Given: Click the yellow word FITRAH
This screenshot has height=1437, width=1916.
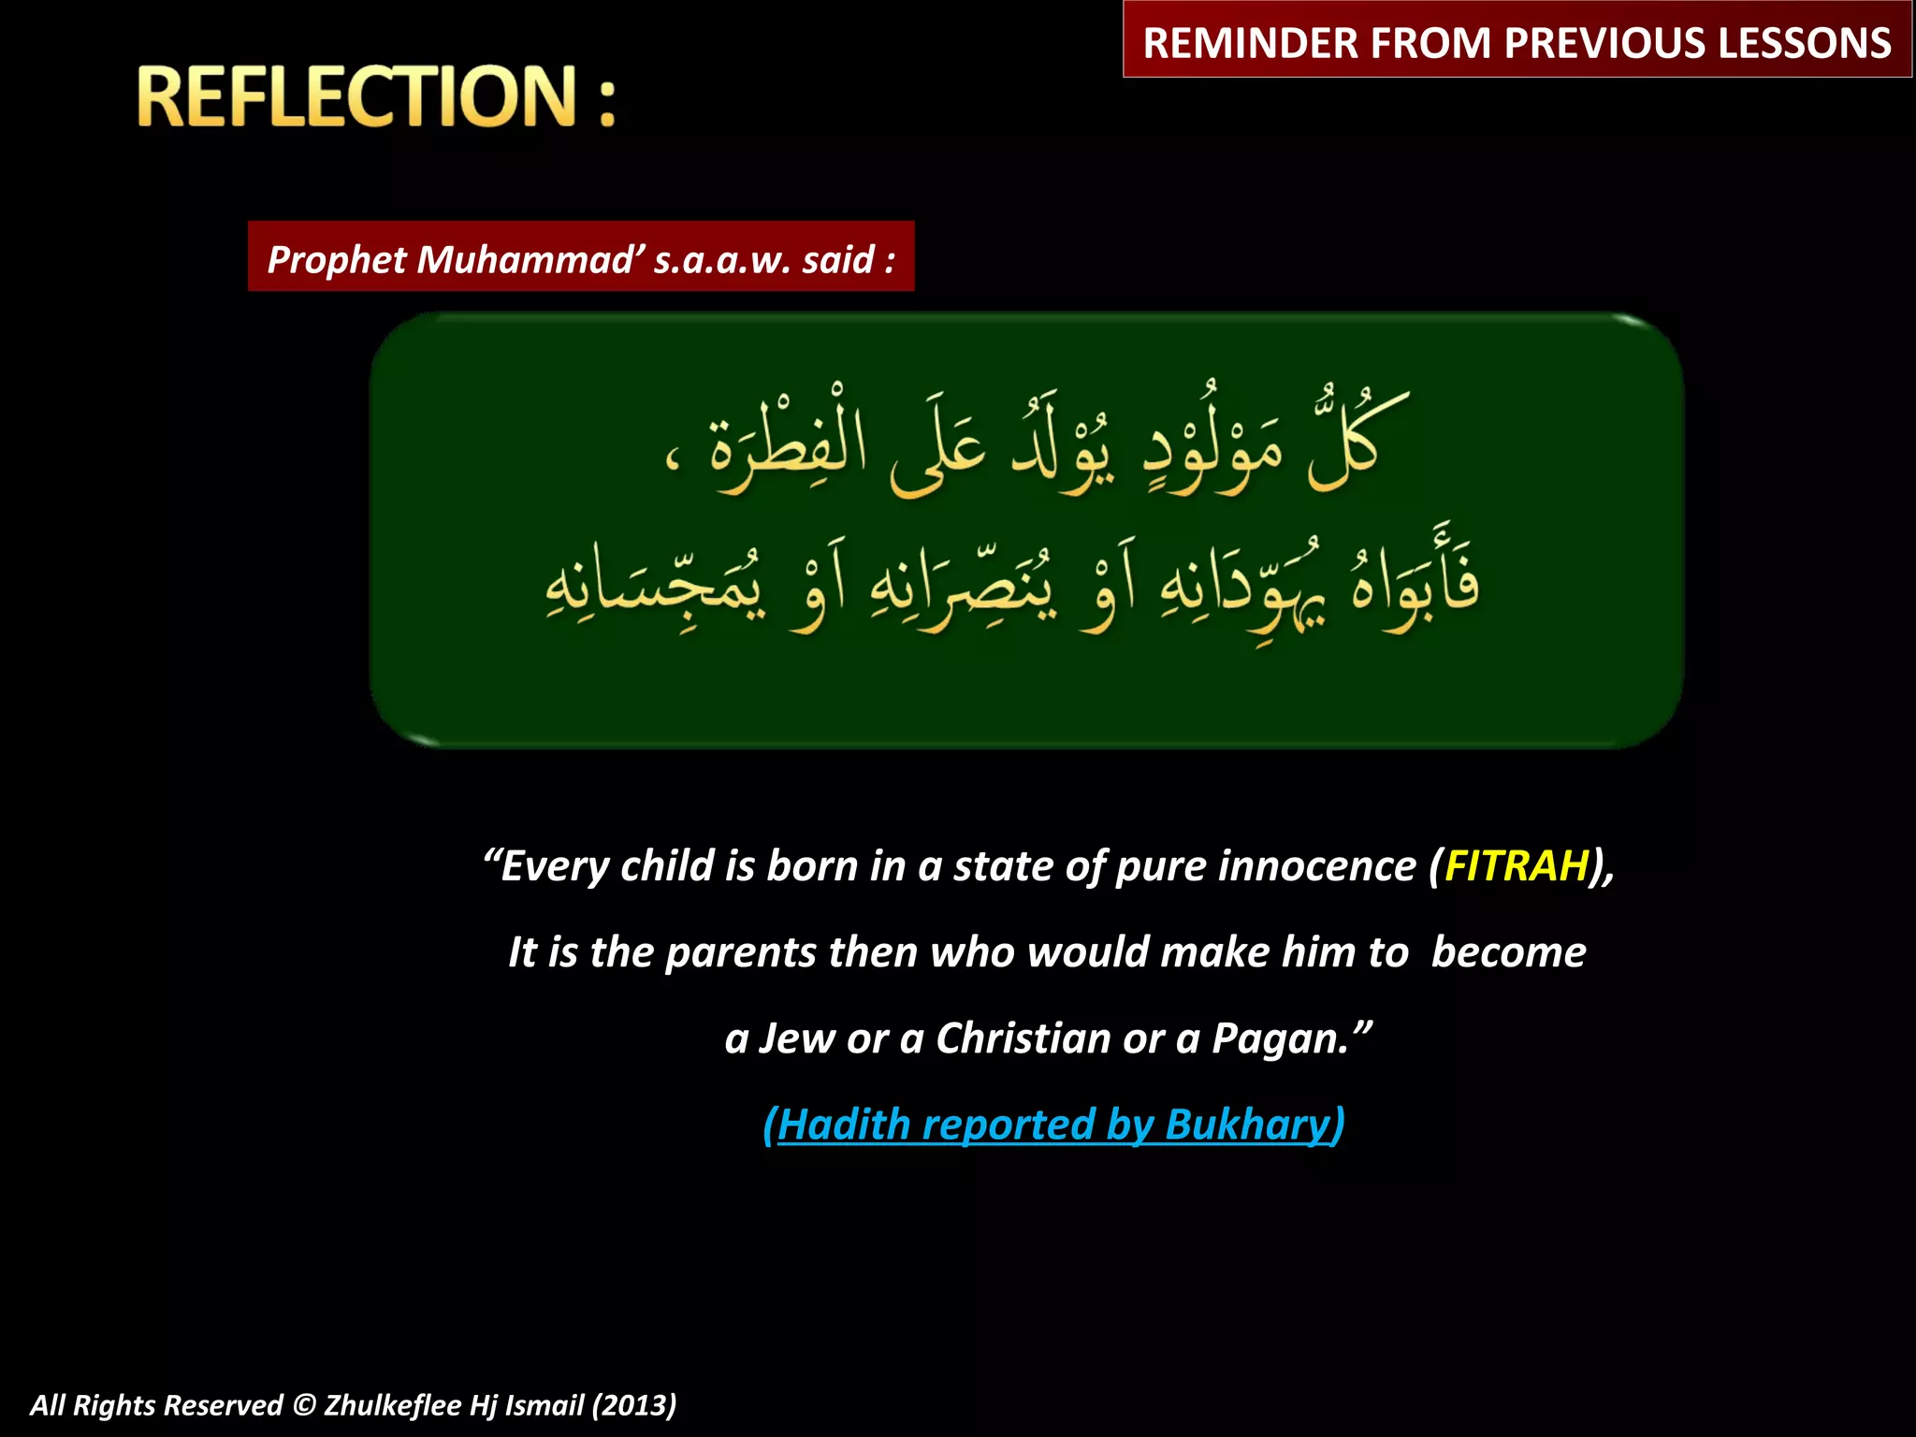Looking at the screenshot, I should [1517, 865].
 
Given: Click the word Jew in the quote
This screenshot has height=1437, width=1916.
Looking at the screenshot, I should [796, 1038].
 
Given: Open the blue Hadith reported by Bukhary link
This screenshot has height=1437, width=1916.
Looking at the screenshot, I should [1053, 1124].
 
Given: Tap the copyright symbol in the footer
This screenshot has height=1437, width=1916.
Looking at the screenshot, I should [303, 1405].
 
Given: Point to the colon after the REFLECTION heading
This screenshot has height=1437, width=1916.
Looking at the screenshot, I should [607, 98].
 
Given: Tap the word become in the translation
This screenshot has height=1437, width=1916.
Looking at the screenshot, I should [1508, 952].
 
